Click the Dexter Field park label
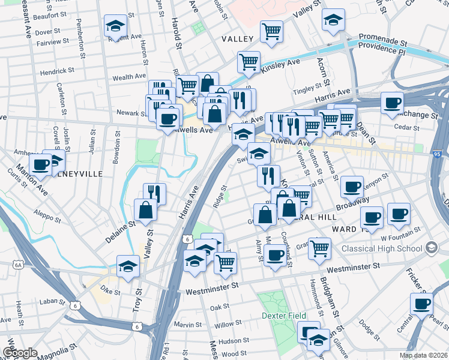coord(283,316)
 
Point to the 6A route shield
coord(19,263)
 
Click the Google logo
coord(20,353)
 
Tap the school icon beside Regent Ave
coord(115,26)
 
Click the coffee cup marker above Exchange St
coord(391,103)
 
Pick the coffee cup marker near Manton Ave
coord(40,164)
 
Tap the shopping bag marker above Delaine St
coord(146,210)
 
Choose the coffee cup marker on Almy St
coord(275,255)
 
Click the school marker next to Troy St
coord(128,266)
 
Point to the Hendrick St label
coord(57,70)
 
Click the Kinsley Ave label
coord(280,67)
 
